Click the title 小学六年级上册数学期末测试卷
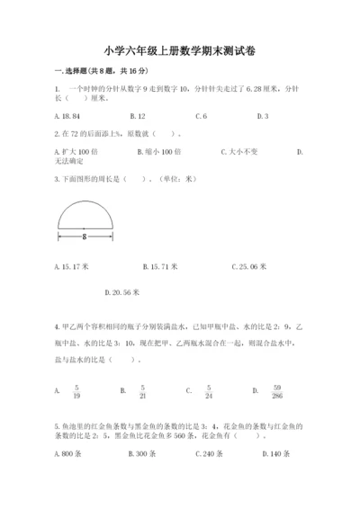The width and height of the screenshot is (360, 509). tap(179, 51)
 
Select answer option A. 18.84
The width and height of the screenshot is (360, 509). tap(67, 117)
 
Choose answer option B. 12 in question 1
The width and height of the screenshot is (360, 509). tap(138, 117)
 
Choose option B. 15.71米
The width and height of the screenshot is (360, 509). tap(160, 266)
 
